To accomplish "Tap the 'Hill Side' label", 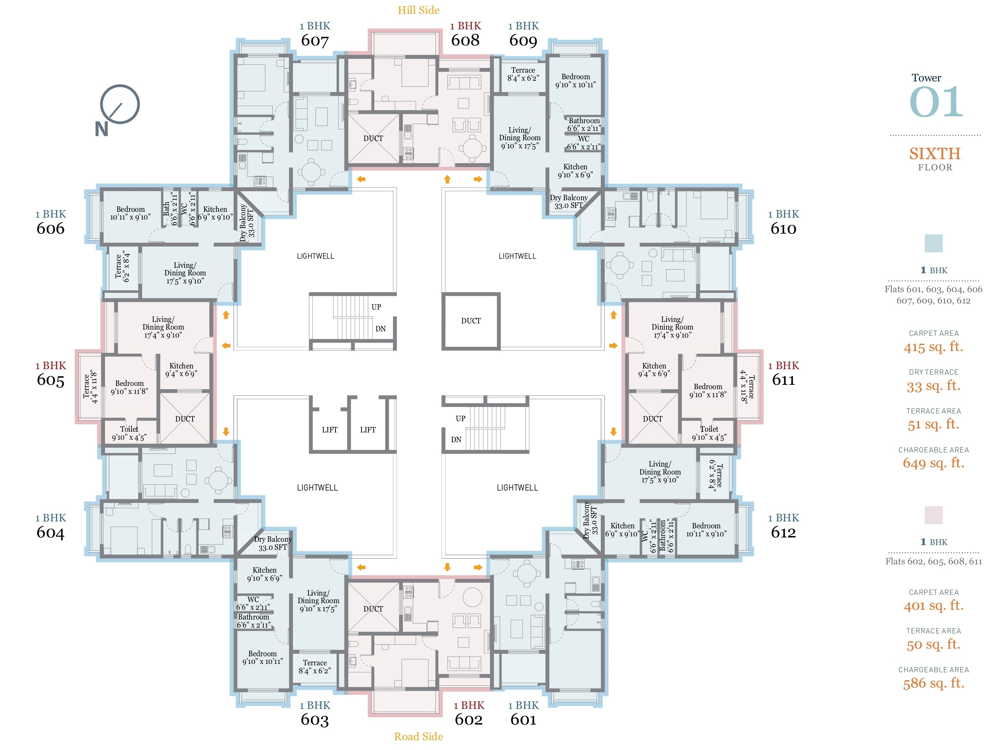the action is [418, 10].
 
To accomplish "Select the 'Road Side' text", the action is [418, 736].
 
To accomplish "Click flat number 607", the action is [315, 41].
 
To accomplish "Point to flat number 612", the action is [783, 532].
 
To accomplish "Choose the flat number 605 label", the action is [51, 380].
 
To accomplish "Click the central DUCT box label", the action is [471, 321].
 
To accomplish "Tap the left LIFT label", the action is [330, 430].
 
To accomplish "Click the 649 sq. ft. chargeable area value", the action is [933, 463].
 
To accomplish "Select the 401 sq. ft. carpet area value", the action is [933, 605].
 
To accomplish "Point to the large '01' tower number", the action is [936, 102].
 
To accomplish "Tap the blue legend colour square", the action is [934, 243].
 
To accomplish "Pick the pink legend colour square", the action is [934, 515].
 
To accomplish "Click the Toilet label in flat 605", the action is [129, 429].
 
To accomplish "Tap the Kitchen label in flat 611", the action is [654, 366].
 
